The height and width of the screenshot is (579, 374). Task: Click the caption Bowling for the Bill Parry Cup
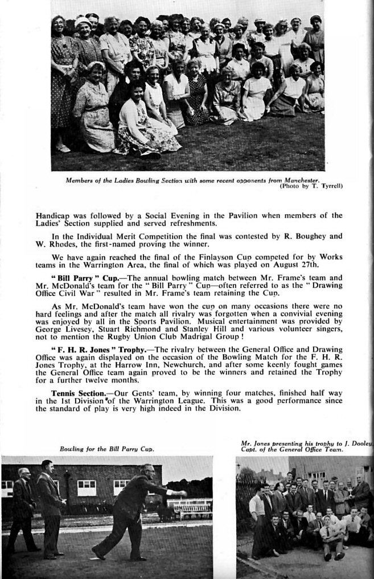coord(107,449)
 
